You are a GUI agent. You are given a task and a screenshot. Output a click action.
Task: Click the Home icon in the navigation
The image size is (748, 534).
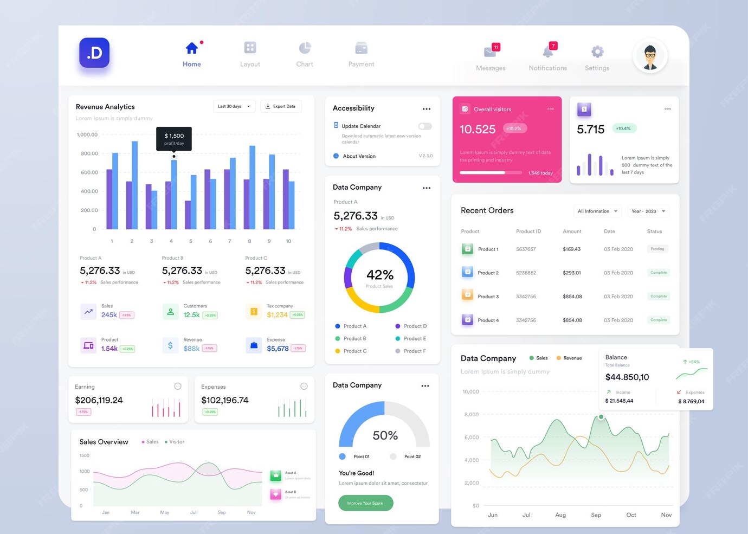191,49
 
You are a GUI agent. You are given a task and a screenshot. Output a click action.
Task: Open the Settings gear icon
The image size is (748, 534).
597,52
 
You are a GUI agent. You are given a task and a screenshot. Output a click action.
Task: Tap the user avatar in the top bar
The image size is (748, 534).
649,56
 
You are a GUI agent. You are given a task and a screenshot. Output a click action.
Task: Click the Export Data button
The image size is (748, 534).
281,106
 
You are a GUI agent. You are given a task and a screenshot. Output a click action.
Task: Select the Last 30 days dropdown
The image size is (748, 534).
234,106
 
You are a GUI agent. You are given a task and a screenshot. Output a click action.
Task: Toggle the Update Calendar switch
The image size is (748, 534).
425,126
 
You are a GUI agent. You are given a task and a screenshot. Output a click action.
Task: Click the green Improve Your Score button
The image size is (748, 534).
365,503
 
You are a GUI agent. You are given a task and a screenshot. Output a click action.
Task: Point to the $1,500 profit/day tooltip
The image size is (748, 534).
174,139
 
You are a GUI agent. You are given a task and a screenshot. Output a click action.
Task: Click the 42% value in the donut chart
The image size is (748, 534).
379,275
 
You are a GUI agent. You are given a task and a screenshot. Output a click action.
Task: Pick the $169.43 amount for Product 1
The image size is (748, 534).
571,249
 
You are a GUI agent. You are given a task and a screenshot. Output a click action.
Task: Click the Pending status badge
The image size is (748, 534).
657,249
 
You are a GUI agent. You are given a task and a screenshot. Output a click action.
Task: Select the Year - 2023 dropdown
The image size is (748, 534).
648,211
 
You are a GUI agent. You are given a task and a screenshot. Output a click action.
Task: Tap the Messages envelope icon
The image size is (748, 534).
490,52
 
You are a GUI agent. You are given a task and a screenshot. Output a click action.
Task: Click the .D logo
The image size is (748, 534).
94,53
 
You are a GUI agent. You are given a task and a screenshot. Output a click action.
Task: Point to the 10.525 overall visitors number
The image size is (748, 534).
478,130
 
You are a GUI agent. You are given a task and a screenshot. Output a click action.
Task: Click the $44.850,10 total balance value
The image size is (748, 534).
627,377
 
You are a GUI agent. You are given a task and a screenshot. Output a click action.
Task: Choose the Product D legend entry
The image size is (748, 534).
415,326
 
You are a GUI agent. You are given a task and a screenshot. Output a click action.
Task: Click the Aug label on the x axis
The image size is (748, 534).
560,515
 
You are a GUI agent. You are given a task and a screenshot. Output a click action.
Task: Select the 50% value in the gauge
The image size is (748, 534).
385,435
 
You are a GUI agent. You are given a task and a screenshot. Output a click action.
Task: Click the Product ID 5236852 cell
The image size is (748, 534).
526,273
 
